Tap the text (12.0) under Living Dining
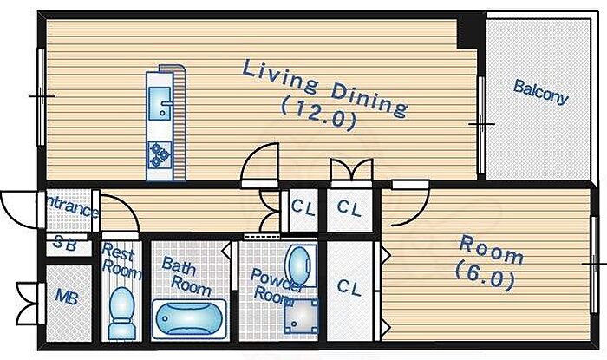point(318,115)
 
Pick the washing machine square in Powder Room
point(300,315)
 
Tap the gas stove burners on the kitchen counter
point(160,153)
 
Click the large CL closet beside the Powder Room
point(349,286)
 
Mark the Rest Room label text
point(120,259)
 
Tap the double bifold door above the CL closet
point(350,170)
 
